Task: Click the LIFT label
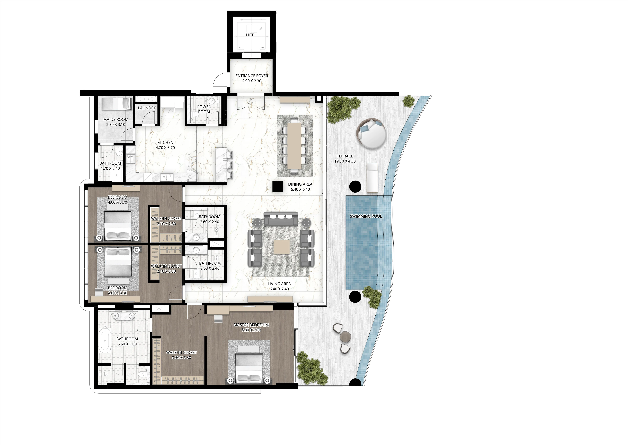pos(250,35)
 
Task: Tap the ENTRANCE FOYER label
pos(252,76)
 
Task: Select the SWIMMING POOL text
pos(366,216)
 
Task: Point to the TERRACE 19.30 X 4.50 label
pos(345,158)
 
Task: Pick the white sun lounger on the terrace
pos(372,177)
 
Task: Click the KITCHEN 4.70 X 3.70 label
pos(165,145)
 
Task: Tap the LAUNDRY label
pos(147,108)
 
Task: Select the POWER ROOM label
pos(204,109)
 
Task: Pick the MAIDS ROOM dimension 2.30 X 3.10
pos(116,124)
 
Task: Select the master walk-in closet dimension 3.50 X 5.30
pos(182,358)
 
